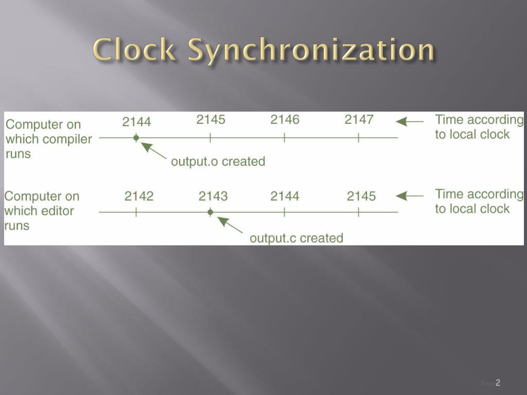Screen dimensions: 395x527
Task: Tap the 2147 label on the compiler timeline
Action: (359, 120)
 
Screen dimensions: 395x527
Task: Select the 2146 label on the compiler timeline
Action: (285, 120)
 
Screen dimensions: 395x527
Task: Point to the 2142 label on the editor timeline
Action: (138, 196)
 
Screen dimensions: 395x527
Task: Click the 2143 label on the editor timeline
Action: (213, 196)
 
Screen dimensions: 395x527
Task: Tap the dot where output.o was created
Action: (136, 137)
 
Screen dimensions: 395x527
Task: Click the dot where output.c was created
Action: (210, 212)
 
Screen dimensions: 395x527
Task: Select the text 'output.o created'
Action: (218, 161)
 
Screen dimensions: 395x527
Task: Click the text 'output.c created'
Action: (296, 238)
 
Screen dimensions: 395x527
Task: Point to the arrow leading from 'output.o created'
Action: (153, 150)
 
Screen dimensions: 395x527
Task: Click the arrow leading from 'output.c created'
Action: (230, 225)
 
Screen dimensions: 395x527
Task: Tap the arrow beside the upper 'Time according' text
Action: (410, 122)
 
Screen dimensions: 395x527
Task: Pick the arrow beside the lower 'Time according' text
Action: (410, 196)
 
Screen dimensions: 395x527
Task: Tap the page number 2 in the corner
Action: (498, 383)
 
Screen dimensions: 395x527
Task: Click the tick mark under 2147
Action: (359, 138)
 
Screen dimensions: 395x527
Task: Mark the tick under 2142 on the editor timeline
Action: (136, 212)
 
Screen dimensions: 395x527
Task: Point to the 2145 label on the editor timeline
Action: (361, 196)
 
